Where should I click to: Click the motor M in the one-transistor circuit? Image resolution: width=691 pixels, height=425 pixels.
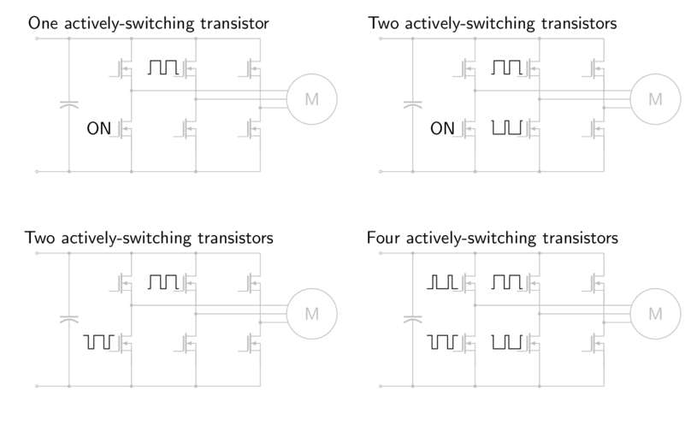point(311,100)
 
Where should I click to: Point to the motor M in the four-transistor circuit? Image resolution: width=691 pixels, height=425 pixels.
point(655,314)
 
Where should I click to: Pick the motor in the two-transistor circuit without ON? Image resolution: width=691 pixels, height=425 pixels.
point(311,314)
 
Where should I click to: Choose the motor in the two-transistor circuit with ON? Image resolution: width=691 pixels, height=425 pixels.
point(655,100)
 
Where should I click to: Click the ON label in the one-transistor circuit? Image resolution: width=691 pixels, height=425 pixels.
point(99,130)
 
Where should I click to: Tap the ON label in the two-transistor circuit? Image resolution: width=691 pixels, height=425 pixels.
point(442,130)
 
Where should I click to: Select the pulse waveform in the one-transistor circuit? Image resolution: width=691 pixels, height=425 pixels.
point(164,68)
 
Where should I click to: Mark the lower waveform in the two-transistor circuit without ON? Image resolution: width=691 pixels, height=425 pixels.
point(99,343)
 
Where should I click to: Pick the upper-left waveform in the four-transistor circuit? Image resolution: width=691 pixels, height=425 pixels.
point(442,281)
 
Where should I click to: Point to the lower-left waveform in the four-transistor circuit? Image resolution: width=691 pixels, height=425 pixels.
point(442,343)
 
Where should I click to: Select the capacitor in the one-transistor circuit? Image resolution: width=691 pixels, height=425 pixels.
point(67,106)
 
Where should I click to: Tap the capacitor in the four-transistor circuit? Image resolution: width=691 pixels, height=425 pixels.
point(412,320)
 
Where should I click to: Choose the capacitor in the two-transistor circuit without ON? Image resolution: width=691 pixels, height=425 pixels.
point(67,320)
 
